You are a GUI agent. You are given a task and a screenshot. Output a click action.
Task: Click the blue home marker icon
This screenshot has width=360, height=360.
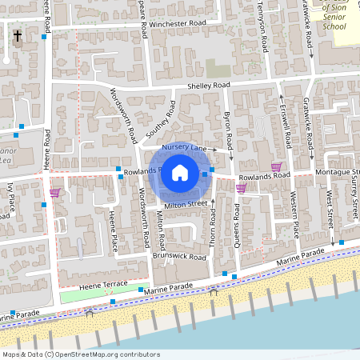pyautogui.click(x=180, y=172)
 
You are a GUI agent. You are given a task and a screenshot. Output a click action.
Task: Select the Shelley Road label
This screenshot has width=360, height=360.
pyautogui.click(x=208, y=86)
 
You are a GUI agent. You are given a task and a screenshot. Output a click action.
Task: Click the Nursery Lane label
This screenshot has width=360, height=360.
pyautogui.click(x=184, y=149)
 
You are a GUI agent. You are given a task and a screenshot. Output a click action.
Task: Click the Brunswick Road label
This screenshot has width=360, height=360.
pyautogui.click(x=179, y=257)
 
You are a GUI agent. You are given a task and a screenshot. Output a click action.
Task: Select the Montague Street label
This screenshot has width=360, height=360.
pyautogui.click(x=334, y=173)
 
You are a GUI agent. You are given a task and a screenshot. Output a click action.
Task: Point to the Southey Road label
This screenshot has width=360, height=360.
pyautogui.click(x=159, y=122)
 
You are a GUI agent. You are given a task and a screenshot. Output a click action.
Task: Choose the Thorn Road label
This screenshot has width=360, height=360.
pyautogui.click(x=214, y=231)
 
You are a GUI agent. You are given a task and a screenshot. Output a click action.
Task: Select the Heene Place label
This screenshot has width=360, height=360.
pyautogui.click(x=114, y=231)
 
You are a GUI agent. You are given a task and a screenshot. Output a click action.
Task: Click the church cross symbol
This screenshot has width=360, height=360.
pyautogui.click(x=17, y=36)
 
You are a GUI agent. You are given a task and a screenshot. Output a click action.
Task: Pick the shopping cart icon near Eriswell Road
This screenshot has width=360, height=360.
pyautogui.click(x=277, y=167)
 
